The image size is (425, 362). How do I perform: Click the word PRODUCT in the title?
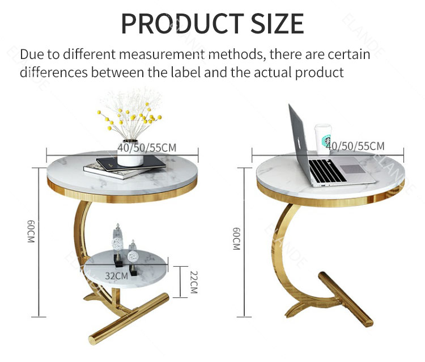click(x=182, y=23)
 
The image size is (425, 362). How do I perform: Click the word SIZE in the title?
click(x=277, y=23)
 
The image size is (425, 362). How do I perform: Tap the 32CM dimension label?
click(x=116, y=276)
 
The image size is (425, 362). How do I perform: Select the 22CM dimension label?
click(x=194, y=282)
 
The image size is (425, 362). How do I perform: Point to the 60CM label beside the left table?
click(x=31, y=231)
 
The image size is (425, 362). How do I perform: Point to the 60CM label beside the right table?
click(x=237, y=239)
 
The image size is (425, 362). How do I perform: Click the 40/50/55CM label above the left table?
click(x=147, y=148)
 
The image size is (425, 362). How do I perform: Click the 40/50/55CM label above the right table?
click(x=355, y=146)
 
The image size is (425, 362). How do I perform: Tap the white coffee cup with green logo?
click(x=323, y=139)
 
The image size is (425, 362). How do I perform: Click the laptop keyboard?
click(x=328, y=171)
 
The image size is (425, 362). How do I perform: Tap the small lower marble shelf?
click(x=126, y=269)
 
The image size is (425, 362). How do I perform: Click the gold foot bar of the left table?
click(x=129, y=319)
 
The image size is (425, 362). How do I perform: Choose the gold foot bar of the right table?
click(x=346, y=299)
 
